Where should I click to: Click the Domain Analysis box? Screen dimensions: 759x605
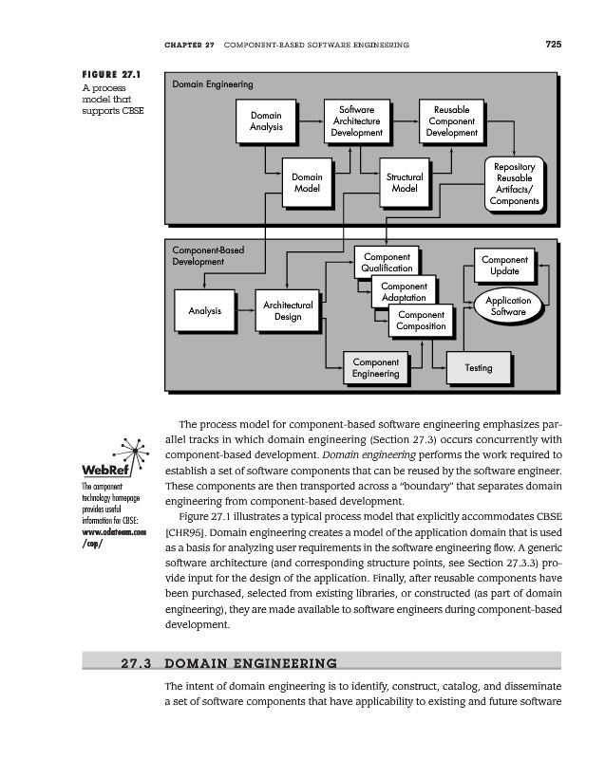pyautogui.click(x=266, y=121)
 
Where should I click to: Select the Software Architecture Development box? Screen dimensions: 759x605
pyautogui.click(x=356, y=121)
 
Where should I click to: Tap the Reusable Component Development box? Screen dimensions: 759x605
pyautogui.click(x=451, y=121)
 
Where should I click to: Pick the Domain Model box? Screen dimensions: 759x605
pyautogui.click(x=307, y=182)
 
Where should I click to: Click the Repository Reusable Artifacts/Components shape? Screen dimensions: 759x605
pyautogui.click(x=515, y=184)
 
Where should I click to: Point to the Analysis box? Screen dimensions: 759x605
pyautogui.click(x=205, y=310)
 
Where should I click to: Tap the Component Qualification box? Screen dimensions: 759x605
pyautogui.click(x=387, y=263)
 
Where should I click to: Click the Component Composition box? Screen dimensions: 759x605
pyautogui.click(x=422, y=321)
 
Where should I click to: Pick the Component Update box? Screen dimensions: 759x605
pyautogui.click(x=504, y=266)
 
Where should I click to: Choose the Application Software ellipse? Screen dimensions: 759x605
pyautogui.click(x=508, y=305)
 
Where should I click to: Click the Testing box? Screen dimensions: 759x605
pyautogui.click(x=479, y=367)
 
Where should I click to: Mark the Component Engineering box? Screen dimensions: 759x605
pyautogui.click(x=375, y=368)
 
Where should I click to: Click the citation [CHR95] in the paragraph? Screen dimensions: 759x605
pyautogui.click(x=185, y=532)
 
